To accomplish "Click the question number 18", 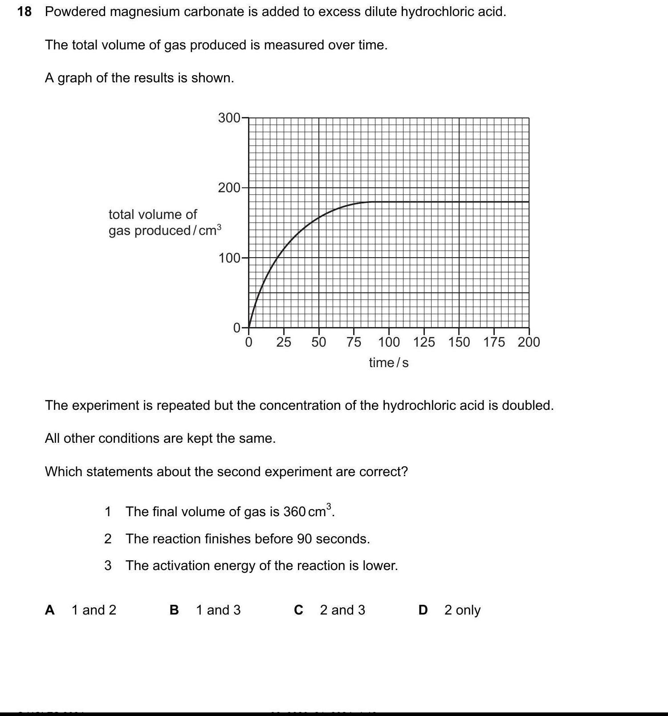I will tap(24, 12).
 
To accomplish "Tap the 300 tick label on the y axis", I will tap(229, 118).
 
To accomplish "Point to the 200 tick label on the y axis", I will tap(229, 188).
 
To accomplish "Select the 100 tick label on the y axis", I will tap(229, 258).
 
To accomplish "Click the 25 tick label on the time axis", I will tap(284, 342).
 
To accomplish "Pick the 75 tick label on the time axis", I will tap(354, 342).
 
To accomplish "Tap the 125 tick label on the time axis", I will tap(424, 342).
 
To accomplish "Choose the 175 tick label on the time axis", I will tap(494, 342).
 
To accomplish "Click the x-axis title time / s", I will tap(388, 363).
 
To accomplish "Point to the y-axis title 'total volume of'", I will tap(153, 214).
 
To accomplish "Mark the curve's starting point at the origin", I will tap(248, 328).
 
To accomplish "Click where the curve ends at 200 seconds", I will tap(529, 202).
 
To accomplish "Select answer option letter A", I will tap(50, 610).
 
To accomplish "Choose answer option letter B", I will tap(174, 610).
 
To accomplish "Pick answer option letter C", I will tap(298, 610).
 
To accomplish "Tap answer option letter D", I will tap(423, 610).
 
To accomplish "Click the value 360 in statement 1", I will tap(294, 512).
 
